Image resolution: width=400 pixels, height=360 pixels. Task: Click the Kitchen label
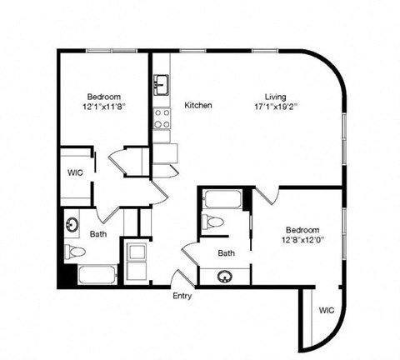(198, 106)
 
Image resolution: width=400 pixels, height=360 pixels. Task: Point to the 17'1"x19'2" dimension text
(277, 106)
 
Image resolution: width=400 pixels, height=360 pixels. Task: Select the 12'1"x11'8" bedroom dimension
(104, 106)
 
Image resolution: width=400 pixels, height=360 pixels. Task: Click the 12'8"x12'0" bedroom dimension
(302, 239)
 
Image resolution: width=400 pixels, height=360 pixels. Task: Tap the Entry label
(182, 296)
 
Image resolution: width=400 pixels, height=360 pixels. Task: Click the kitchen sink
(162, 84)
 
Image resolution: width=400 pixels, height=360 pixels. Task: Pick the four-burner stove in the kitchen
(162, 117)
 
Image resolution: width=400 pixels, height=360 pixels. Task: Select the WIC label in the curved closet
(327, 311)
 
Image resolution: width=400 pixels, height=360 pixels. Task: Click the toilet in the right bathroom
(212, 222)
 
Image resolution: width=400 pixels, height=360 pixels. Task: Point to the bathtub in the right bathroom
(222, 201)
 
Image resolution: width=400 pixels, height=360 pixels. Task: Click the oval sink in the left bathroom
(72, 224)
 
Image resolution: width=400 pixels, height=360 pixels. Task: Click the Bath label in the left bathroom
(98, 235)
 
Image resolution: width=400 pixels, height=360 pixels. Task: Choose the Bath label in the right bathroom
(226, 252)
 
